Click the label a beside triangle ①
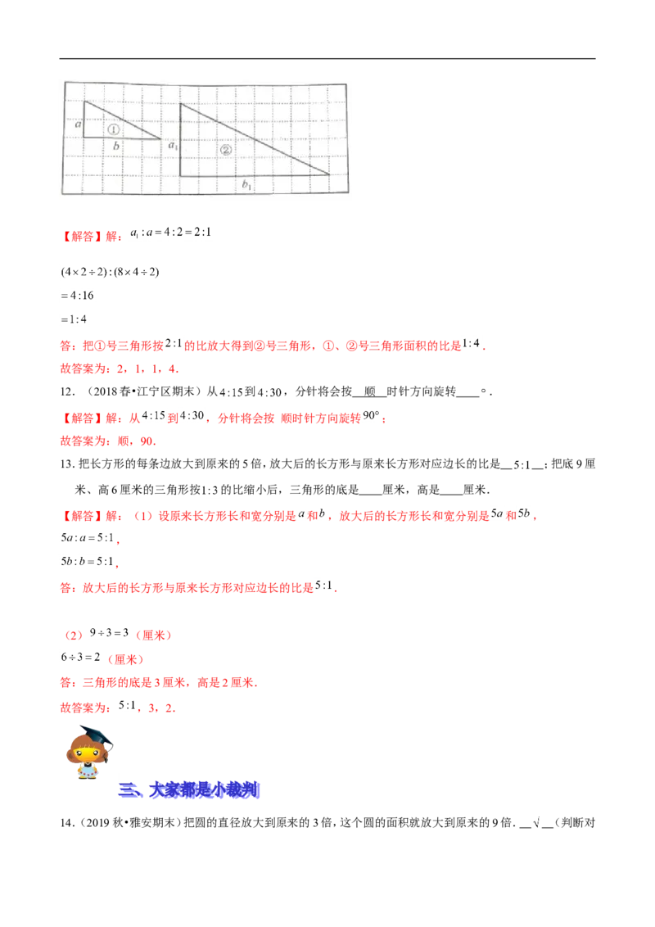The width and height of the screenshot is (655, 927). pyautogui.click(x=77, y=124)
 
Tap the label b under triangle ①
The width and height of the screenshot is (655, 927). pyautogui.click(x=116, y=147)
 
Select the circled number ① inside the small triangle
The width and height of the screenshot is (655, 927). pyautogui.click(x=113, y=129)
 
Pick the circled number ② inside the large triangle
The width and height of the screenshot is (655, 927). pyautogui.click(x=226, y=149)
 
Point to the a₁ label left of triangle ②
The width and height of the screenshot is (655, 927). pyautogui.click(x=173, y=146)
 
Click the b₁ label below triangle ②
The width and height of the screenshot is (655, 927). pyautogui.click(x=246, y=186)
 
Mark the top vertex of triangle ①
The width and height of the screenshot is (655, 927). pyautogui.click(x=84, y=102)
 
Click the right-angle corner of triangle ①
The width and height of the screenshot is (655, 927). pyautogui.click(x=84, y=138)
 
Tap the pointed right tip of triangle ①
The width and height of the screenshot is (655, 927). pyautogui.click(x=160, y=138)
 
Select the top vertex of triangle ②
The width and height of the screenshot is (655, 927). pyautogui.click(x=181, y=104)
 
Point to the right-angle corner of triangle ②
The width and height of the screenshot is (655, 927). pyautogui.click(x=181, y=175)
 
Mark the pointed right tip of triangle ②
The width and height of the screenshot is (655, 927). pyautogui.click(x=329, y=174)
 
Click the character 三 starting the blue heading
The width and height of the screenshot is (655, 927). pyautogui.click(x=127, y=791)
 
